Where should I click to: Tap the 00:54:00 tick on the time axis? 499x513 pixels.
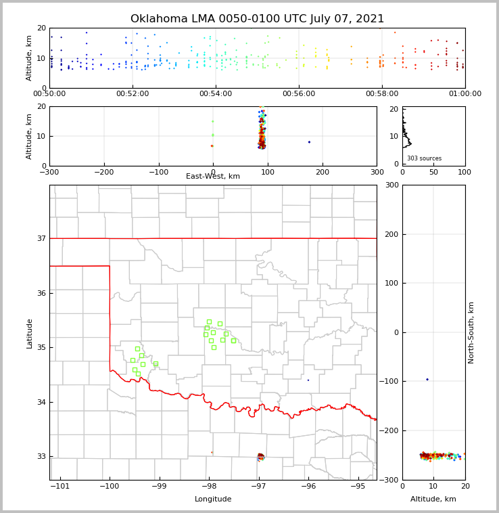click(215, 94)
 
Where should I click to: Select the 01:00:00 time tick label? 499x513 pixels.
click(465, 94)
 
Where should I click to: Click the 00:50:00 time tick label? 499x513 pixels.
click(49, 94)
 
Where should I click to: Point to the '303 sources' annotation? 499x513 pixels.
click(424, 158)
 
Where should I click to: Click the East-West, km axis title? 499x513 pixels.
click(213, 177)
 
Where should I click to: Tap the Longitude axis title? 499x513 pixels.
click(213, 499)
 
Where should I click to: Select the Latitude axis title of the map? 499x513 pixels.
click(30, 333)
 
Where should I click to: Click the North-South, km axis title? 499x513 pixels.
click(472, 332)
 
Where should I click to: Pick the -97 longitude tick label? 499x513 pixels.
click(258, 486)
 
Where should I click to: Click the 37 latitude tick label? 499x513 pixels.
click(41, 238)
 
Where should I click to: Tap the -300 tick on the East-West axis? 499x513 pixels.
click(49, 172)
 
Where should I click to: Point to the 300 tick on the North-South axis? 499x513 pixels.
click(392, 185)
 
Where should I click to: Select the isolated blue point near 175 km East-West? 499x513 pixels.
click(309, 142)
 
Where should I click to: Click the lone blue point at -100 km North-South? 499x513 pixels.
click(427, 380)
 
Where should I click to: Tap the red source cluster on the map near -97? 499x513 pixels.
click(260, 456)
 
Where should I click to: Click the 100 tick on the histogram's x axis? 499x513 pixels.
click(465, 172)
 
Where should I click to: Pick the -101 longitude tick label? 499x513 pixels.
click(60, 486)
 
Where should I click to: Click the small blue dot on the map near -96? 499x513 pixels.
click(308, 380)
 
